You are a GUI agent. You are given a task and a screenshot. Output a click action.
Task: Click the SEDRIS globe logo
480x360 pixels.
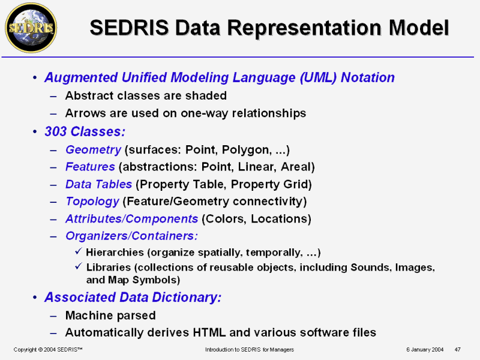[31, 28]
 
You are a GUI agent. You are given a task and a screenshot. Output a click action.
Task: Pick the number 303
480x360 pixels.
[56, 131]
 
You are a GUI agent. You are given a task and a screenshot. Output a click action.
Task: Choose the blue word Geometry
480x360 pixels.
[93, 150]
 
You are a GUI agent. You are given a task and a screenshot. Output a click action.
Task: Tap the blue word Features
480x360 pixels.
[90, 167]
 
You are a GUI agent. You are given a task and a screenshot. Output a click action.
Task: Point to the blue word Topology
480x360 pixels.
[92, 202]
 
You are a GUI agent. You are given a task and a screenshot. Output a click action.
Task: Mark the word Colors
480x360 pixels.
[224, 219]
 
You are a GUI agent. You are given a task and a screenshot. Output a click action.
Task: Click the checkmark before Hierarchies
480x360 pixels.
[79, 251]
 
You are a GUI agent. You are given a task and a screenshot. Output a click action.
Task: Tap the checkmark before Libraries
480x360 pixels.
[79, 266]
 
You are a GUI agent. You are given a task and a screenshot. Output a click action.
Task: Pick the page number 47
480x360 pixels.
[458, 350]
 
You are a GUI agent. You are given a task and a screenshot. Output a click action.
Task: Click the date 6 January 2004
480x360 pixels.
[425, 350]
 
